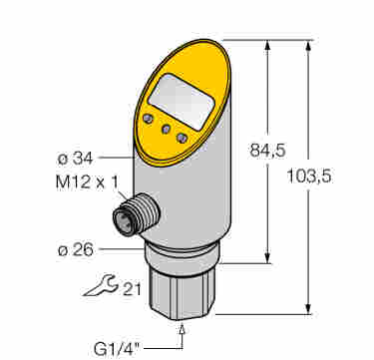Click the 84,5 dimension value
[x=267, y=151]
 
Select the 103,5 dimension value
[x=309, y=177]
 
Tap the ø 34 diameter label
[x=76, y=159]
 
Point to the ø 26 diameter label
[x=76, y=250]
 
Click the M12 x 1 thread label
[x=87, y=183]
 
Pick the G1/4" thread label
[x=118, y=350]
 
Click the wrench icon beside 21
[x=100, y=285]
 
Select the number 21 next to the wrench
[x=132, y=290]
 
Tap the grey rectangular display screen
[x=181, y=101]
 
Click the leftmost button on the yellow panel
[x=148, y=119]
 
